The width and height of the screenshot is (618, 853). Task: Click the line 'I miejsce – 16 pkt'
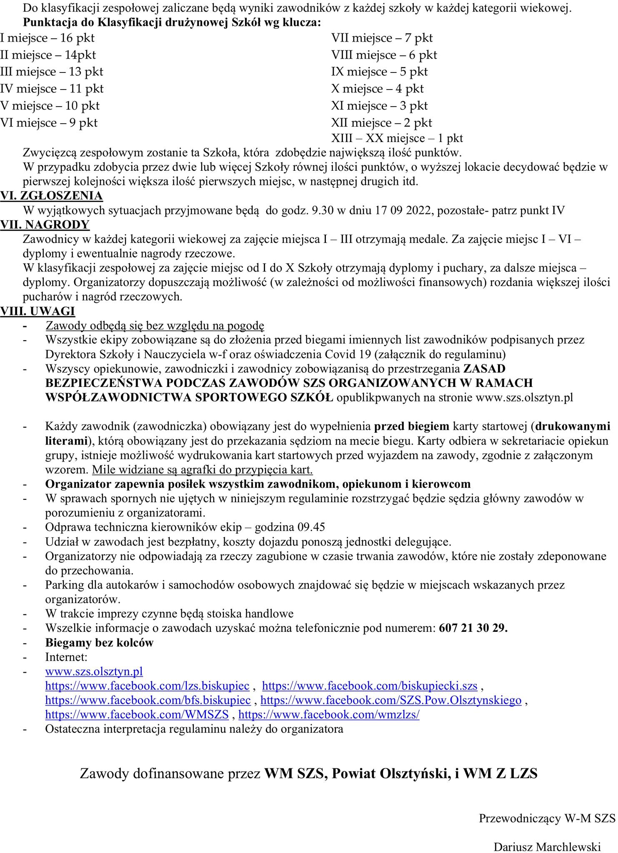point(47,38)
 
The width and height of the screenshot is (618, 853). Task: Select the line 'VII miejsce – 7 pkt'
point(382,38)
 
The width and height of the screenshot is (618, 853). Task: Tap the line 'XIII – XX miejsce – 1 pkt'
point(397,138)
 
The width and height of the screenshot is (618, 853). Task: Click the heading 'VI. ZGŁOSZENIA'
point(51,195)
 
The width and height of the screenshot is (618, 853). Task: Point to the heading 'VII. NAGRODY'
point(45,224)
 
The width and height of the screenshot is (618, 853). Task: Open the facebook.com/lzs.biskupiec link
point(147,686)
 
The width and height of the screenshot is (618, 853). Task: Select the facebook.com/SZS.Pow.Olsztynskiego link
point(391,700)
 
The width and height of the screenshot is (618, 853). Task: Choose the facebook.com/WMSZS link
point(137,715)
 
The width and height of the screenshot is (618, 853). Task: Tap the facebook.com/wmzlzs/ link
point(329,715)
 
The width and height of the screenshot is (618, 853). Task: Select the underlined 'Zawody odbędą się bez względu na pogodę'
point(155,325)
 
